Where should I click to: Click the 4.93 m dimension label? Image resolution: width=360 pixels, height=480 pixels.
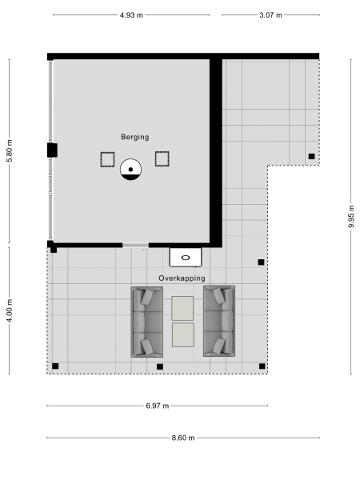(132, 15)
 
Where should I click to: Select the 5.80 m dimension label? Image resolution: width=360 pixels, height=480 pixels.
(10, 150)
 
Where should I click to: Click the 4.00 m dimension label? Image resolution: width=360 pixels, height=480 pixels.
(10, 310)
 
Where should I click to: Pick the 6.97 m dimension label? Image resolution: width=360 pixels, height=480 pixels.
(158, 406)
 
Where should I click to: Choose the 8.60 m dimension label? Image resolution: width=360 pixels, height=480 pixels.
(183, 438)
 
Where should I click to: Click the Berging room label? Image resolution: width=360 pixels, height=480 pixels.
(135, 137)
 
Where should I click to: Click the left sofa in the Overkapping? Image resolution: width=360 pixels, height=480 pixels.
(146, 321)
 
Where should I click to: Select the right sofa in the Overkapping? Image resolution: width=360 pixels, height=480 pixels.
(219, 321)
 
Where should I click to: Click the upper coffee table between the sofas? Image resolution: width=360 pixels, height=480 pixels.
(183, 307)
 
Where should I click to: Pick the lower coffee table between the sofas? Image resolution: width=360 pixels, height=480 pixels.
(183, 334)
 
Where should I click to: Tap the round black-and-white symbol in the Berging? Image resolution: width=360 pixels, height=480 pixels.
(130, 169)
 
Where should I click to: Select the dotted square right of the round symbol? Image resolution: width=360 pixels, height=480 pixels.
(162, 158)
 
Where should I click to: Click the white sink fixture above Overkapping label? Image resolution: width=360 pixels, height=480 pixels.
(186, 258)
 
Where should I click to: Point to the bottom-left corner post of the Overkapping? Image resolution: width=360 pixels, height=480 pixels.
(55, 366)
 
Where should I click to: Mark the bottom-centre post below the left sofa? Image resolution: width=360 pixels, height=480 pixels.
(160, 366)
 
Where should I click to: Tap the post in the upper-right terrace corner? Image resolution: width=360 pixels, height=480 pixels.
(311, 156)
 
